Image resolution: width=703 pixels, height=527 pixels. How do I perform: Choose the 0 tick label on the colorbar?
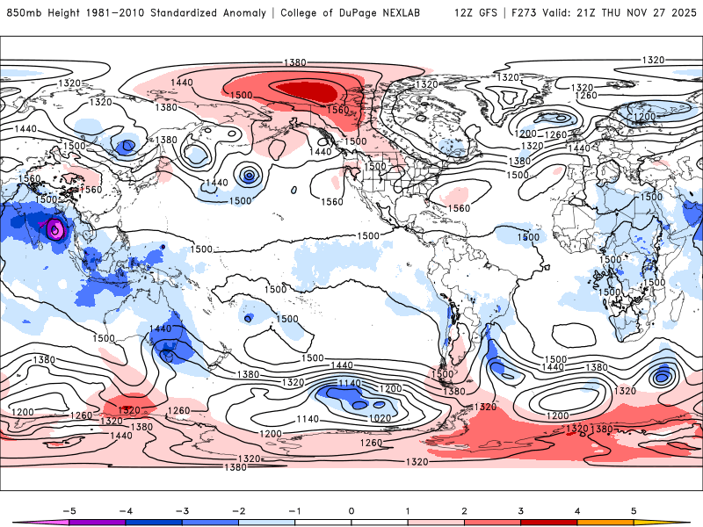pos(351,510)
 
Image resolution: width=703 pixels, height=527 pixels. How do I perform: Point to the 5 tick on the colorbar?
pos(634,510)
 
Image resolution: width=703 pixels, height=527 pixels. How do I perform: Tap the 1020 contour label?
pos(382,418)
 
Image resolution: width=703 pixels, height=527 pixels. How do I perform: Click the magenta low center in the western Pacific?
pos(55,231)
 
